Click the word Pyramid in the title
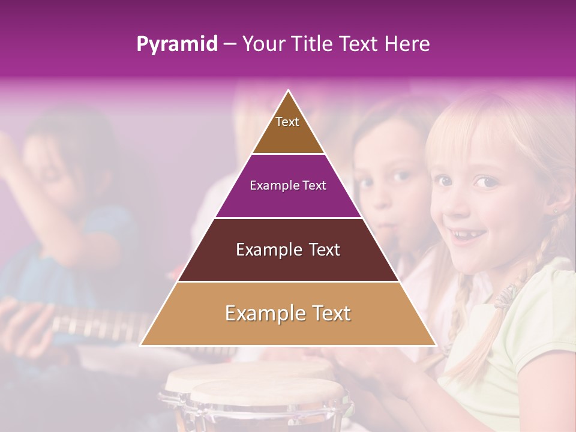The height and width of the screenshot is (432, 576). (176, 44)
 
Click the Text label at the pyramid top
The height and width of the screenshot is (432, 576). (287, 122)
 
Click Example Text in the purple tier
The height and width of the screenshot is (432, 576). (288, 185)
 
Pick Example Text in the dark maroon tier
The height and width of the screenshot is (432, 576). (288, 250)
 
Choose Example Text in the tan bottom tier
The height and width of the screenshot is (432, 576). (288, 313)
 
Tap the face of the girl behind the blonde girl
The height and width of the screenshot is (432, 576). (390, 180)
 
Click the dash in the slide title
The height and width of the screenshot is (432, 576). (229, 44)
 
